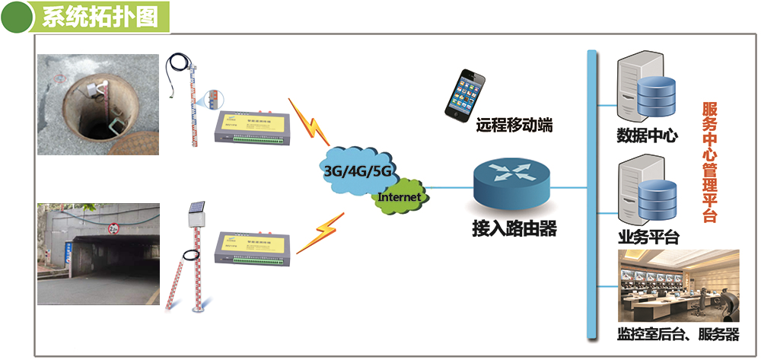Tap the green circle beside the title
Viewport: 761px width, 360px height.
19,18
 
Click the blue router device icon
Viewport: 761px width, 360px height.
509,183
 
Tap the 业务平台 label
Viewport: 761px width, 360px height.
648,236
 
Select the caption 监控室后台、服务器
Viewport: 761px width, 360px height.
677,335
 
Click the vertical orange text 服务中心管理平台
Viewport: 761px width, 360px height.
709,161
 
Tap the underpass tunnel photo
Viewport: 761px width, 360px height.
99,253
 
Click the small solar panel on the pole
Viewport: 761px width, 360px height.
197,207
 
